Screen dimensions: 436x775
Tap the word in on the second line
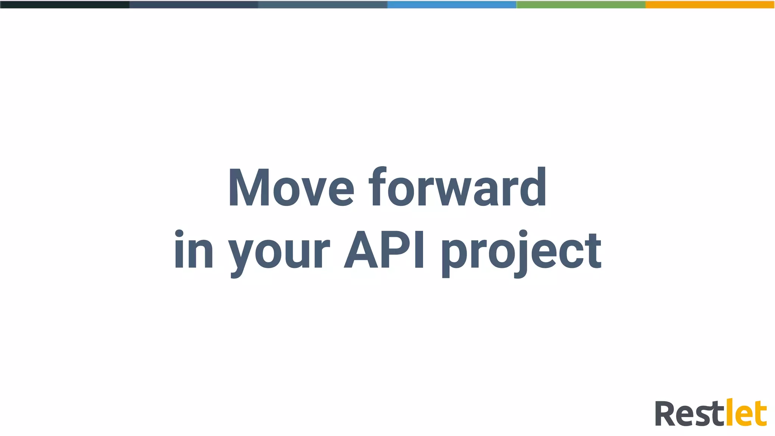tap(193, 251)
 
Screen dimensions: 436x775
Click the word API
tap(384, 250)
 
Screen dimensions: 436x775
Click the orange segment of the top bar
tap(710, 5)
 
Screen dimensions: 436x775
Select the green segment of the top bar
tap(580, 5)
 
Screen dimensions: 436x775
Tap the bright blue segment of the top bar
tap(451, 5)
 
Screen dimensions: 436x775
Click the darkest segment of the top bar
tap(64, 5)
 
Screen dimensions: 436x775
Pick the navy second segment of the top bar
tap(193, 5)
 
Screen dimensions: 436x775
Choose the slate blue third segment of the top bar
tap(322, 5)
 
